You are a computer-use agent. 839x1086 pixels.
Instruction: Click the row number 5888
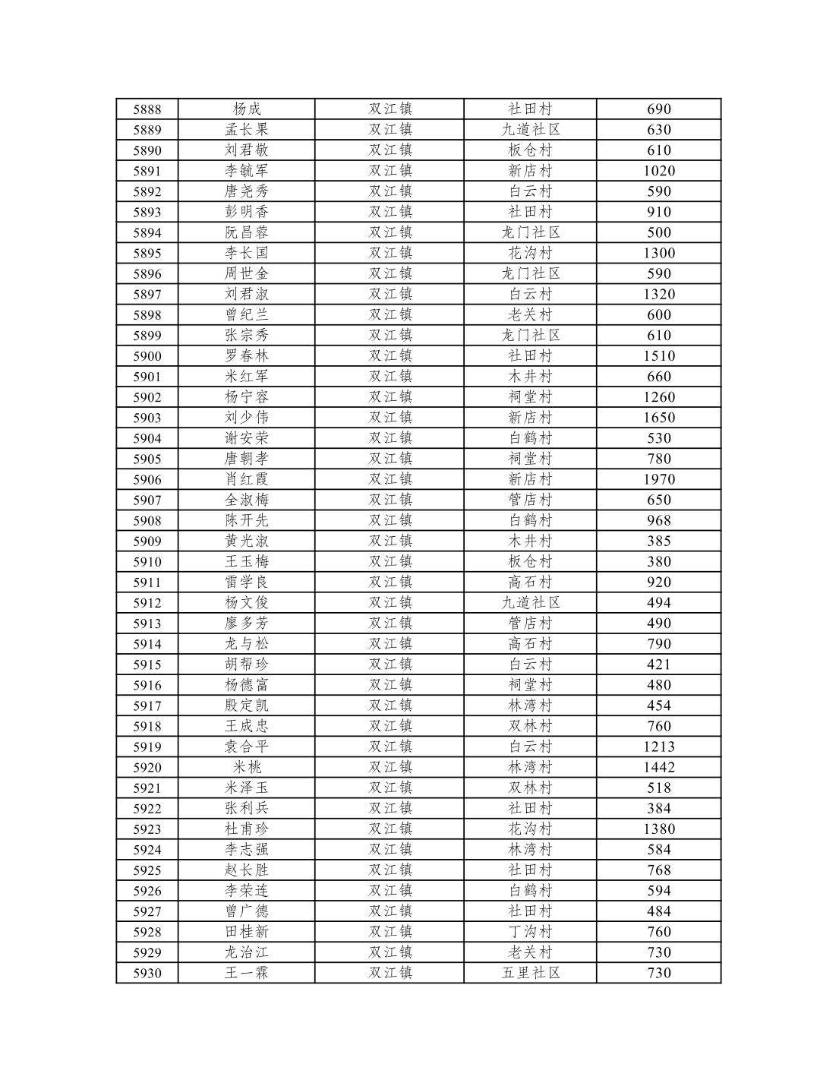[147, 109]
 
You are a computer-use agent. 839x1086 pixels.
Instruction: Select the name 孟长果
[246, 130]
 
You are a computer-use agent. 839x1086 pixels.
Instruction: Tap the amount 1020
[658, 171]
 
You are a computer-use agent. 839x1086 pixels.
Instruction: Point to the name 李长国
[246, 253]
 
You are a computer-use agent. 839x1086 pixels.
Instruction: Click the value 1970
[658, 479]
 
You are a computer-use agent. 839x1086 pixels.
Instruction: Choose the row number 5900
[147, 356]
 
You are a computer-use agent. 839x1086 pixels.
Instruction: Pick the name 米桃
[246, 767]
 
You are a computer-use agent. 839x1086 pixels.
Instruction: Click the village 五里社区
[530, 973]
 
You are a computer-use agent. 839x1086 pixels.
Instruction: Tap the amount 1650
[658, 418]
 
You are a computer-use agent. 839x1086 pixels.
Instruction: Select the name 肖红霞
[246, 479]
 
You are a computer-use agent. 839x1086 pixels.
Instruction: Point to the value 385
[658, 541]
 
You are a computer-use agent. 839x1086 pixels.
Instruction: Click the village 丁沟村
[530, 932]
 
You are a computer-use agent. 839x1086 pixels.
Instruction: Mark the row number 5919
[147, 747]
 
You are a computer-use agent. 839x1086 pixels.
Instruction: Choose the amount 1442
[658, 767]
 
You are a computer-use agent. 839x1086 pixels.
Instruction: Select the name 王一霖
[246, 973]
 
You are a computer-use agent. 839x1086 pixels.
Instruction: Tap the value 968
[658, 520]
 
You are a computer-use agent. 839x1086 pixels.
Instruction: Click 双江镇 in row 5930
[390, 973]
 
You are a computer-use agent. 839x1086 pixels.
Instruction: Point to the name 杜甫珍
[246, 829]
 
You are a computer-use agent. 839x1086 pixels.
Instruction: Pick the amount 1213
[658, 747]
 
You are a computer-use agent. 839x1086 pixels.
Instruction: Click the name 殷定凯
[246, 706]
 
